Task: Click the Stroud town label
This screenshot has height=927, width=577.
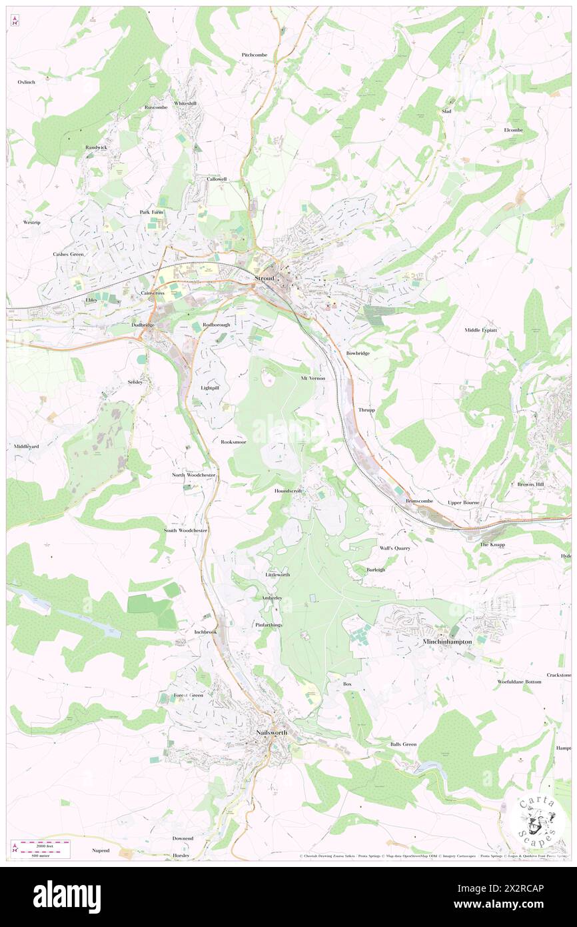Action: click(265, 278)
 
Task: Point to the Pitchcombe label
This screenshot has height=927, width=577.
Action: click(253, 55)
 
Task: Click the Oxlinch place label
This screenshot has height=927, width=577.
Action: click(26, 81)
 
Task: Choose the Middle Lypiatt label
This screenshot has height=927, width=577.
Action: click(481, 330)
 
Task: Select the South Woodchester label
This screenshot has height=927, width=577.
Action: click(187, 530)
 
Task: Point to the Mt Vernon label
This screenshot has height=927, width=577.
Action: click(312, 378)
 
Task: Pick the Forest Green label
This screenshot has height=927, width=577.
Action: click(189, 695)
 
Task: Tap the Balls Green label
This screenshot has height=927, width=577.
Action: click(403, 744)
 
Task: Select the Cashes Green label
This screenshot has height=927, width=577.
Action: click(69, 254)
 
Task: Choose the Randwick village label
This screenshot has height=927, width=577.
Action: click(96, 147)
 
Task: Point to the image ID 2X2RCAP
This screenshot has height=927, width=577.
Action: click(524, 888)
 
